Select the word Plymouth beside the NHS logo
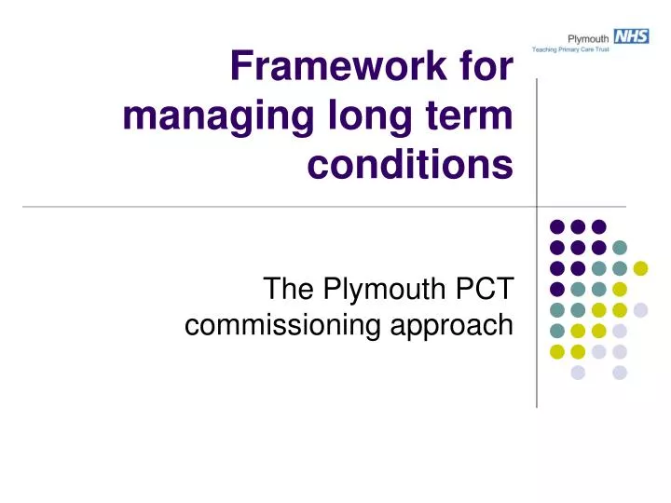click(x=589, y=37)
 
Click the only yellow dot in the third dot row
click(x=640, y=268)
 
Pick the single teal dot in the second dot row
click(x=620, y=247)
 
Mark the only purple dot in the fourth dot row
click(x=557, y=289)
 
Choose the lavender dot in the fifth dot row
click(x=640, y=310)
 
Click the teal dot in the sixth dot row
click(x=557, y=331)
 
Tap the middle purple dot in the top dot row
click(x=578, y=226)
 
